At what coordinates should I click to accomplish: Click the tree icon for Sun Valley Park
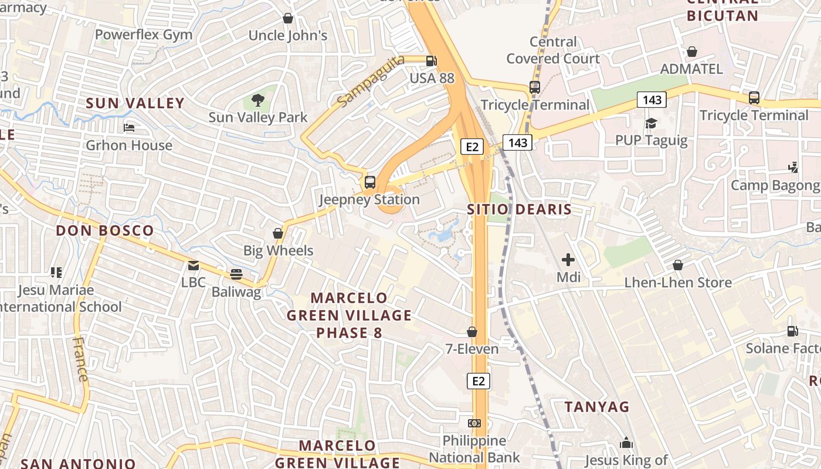257,100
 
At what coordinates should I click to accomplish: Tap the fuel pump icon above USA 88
431,60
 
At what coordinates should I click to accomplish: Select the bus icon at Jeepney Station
369,182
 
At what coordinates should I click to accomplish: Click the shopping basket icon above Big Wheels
278,233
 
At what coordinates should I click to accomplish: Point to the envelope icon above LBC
193,265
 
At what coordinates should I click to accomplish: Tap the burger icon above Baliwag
236,274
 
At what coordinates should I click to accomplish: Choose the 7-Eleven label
471,349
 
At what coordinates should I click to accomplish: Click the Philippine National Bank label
474,449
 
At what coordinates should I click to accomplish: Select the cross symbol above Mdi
568,259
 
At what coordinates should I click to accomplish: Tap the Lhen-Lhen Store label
677,283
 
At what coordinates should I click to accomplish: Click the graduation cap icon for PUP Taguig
651,123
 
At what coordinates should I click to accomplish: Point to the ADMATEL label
691,69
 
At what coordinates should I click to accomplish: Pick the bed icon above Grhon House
129,128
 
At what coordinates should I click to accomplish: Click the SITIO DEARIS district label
519,209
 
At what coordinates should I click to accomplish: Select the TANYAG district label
597,406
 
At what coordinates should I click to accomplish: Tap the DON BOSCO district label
105,230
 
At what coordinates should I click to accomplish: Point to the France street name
80,359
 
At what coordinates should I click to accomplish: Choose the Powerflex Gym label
143,35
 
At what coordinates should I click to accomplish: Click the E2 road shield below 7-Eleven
479,381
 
